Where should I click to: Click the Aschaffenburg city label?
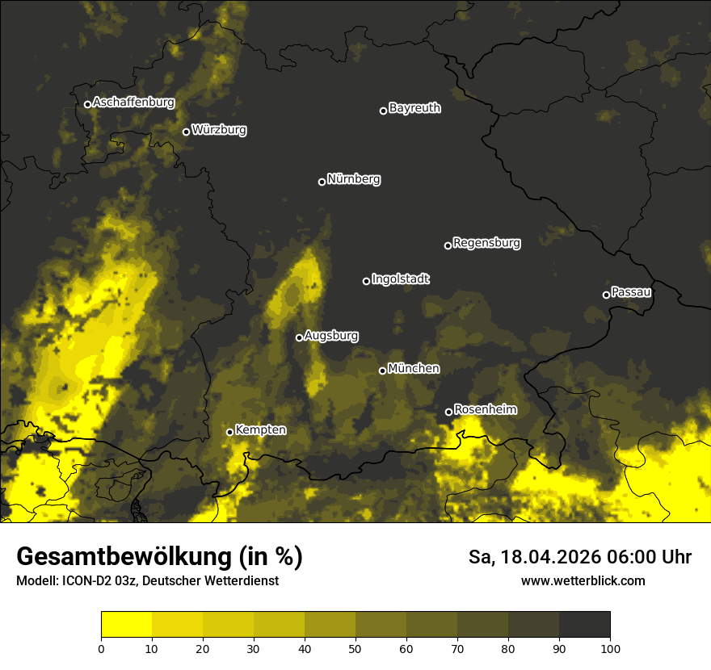click(133, 103)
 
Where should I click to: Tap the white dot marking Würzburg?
click(186, 132)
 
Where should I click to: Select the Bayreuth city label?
click(414, 108)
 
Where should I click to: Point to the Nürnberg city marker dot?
click(322, 182)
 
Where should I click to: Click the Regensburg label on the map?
click(486, 243)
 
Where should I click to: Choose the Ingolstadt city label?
click(401, 279)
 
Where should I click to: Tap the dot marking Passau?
click(606, 295)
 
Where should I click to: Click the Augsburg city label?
click(331, 336)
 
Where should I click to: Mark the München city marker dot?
click(382, 371)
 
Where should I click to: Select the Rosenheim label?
click(485, 410)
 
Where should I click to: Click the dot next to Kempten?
click(229, 432)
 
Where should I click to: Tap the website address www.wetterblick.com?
click(583, 580)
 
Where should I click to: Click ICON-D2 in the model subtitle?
click(83, 581)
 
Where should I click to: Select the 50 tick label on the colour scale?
click(355, 647)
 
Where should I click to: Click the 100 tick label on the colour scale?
click(610, 647)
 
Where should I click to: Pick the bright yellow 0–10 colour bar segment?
click(126, 625)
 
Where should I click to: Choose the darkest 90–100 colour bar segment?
click(584, 625)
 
